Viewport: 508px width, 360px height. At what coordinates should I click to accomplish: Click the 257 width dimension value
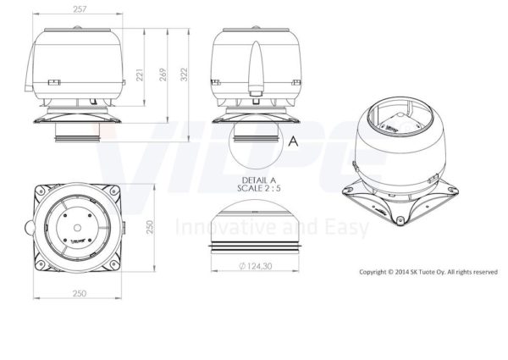(x=80, y=9)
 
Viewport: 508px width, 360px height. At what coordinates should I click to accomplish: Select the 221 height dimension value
(x=140, y=75)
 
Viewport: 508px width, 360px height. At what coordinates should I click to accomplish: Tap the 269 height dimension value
(x=163, y=75)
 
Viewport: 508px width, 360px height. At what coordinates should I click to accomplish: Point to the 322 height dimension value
(x=184, y=75)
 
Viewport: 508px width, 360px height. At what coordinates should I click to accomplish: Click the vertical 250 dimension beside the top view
(x=150, y=227)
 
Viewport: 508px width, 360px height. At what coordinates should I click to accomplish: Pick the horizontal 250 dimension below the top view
(x=80, y=294)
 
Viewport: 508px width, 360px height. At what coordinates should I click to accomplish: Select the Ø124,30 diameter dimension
(x=256, y=266)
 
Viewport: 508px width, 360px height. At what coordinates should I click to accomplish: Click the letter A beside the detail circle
(x=293, y=141)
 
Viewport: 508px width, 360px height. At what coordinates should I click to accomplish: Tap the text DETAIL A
(x=259, y=180)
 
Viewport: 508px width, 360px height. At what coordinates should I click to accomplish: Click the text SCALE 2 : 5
(x=259, y=188)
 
